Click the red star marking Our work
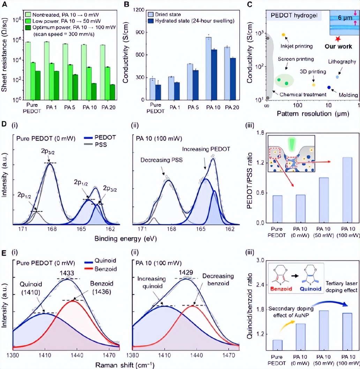click(x=337, y=38)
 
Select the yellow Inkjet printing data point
click(x=284, y=35)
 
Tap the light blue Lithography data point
click(x=337, y=77)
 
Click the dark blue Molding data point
click(x=329, y=88)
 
